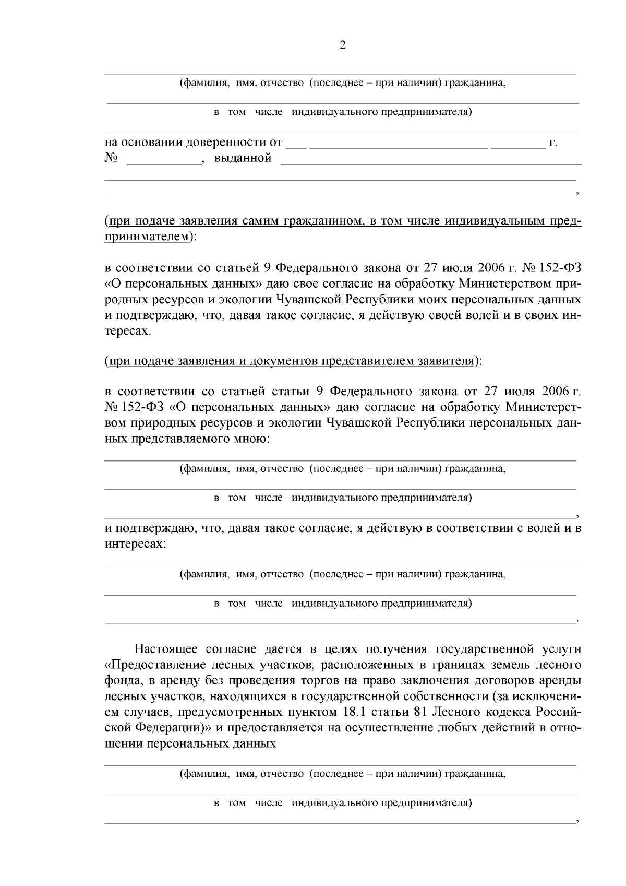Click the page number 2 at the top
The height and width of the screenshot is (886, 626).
click(342, 45)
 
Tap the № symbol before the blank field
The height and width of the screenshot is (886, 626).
click(111, 158)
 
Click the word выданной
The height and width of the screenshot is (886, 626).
click(243, 158)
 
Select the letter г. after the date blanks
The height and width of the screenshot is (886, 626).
click(553, 142)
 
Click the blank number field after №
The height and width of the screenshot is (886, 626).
click(164, 160)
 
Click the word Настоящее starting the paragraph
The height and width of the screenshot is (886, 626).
click(166, 649)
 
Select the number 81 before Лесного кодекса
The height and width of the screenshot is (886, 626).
click(421, 712)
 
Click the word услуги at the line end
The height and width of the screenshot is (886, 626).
click(563, 649)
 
